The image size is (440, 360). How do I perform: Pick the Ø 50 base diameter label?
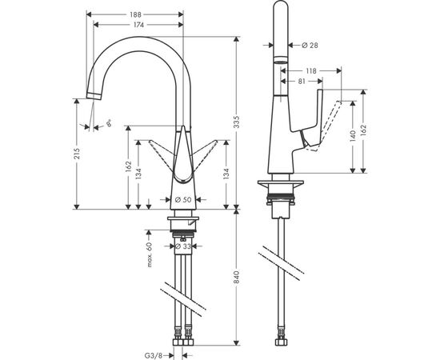[182, 198]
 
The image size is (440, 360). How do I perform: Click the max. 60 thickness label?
[149, 257]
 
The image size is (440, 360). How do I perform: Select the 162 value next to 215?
[129, 166]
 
